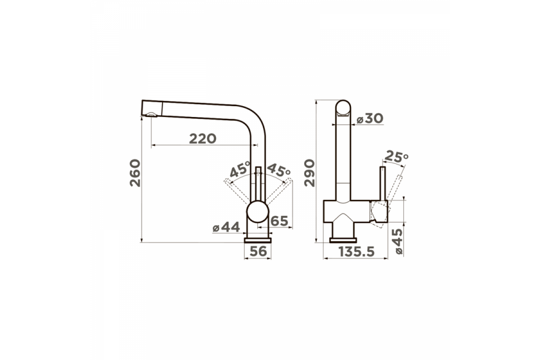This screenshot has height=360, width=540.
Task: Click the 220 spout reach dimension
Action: tap(203, 139)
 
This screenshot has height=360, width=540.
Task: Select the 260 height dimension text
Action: tap(135, 173)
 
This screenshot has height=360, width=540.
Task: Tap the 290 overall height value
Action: tap(309, 173)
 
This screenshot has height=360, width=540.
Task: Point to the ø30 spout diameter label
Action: tap(370, 118)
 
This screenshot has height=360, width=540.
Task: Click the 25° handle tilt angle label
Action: tap(396, 157)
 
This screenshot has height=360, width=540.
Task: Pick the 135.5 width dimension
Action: tap(357, 252)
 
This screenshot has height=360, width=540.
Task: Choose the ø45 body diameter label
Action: tap(399, 241)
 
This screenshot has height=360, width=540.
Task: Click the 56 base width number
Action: tap(258, 251)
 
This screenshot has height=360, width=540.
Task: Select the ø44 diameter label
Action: tap(226, 227)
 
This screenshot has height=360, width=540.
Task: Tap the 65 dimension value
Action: tap(279, 221)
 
